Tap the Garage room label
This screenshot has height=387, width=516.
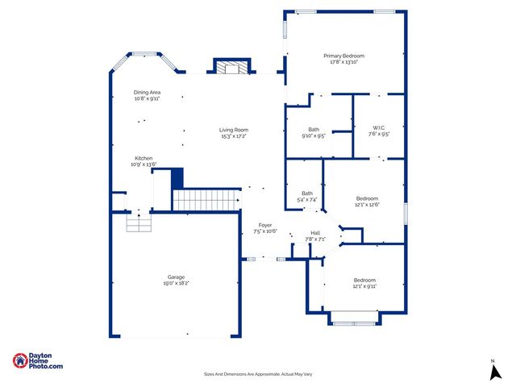(x=177, y=277)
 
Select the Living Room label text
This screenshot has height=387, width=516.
(x=234, y=130)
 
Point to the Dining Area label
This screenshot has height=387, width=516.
(x=147, y=93)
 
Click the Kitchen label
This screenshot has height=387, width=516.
(x=144, y=158)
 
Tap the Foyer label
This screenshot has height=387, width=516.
(x=265, y=225)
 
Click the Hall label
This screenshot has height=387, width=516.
(x=315, y=233)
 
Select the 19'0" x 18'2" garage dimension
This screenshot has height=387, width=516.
(x=177, y=284)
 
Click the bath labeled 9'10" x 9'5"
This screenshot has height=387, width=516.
(x=314, y=133)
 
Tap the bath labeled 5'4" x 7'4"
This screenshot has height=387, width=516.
(x=307, y=196)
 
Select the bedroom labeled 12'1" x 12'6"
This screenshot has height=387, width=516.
(x=367, y=201)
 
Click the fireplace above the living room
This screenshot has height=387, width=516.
(x=231, y=67)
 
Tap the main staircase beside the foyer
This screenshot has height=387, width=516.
(x=206, y=198)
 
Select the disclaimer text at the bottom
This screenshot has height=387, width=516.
(x=257, y=374)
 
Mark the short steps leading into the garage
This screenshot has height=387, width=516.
(x=139, y=223)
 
